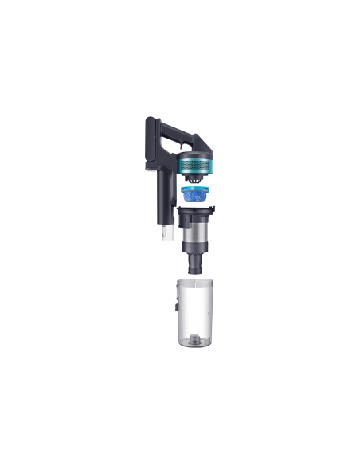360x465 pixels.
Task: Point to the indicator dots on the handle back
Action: click(x=147, y=132)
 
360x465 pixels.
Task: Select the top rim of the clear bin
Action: click(x=192, y=279)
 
